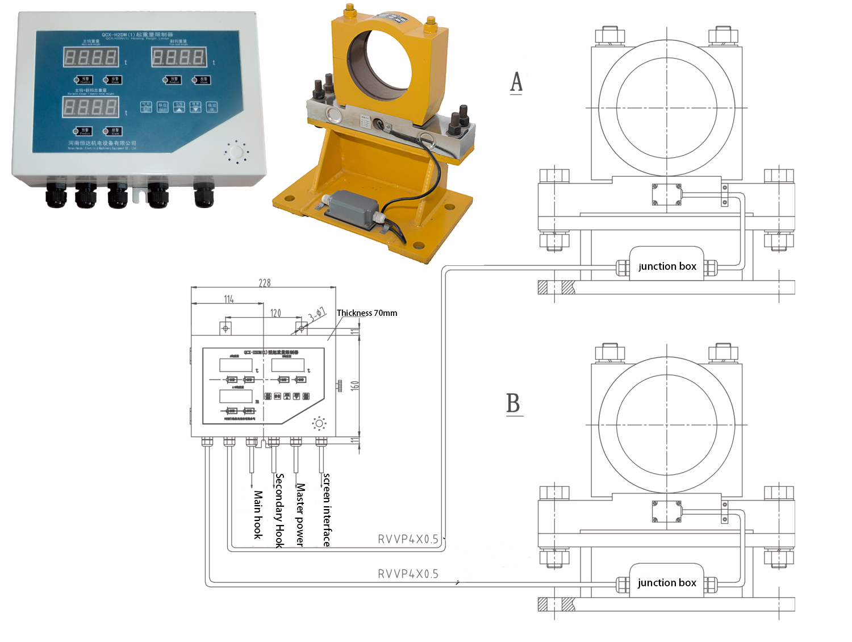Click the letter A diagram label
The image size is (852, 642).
click(x=516, y=82)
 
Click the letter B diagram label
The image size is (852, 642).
click(x=513, y=403)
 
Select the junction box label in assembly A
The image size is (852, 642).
click(x=667, y=266)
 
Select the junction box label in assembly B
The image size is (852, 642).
click(x=667, y=583)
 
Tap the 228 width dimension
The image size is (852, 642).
click(x=265, y=283)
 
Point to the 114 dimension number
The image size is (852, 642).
click(x=229, y=299)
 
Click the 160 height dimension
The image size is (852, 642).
click(x=355, y=385)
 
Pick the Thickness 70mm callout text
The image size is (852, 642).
click(x=367, y=313)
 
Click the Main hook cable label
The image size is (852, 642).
click(x=258, y=515)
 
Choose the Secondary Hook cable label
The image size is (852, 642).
click(x=279, y=510)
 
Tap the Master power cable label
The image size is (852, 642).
click(x=300, y=515)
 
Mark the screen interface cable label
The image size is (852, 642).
click(x=327, y=510)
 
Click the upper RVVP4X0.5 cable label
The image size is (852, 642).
click(x=408, y=539)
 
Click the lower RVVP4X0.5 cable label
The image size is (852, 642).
click(x=408, y=574)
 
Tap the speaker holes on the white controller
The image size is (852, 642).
click(x=236, y=152)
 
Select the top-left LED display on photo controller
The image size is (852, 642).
click(x=91, y=57)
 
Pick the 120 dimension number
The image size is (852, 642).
click(x=275, y=313)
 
